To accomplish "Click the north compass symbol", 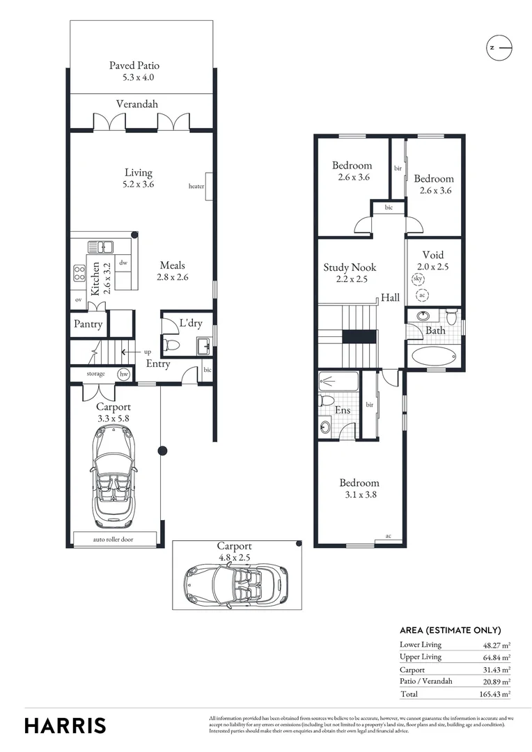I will [x=499, y=47].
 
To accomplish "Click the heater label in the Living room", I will [x=196, y=187].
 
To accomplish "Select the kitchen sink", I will [x=102, y=246].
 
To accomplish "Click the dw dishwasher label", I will [x=123, y=263].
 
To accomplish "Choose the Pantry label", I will [x=88, y=324].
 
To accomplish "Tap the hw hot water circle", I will [x=124, y=374].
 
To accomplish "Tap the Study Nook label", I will [x=350, y=267].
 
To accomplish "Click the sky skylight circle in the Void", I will [x=418, y=279].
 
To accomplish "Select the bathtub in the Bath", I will [x=432, y=356].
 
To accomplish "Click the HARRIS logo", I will [x=65, y=725].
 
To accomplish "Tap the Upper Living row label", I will [x=421, y=657].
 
